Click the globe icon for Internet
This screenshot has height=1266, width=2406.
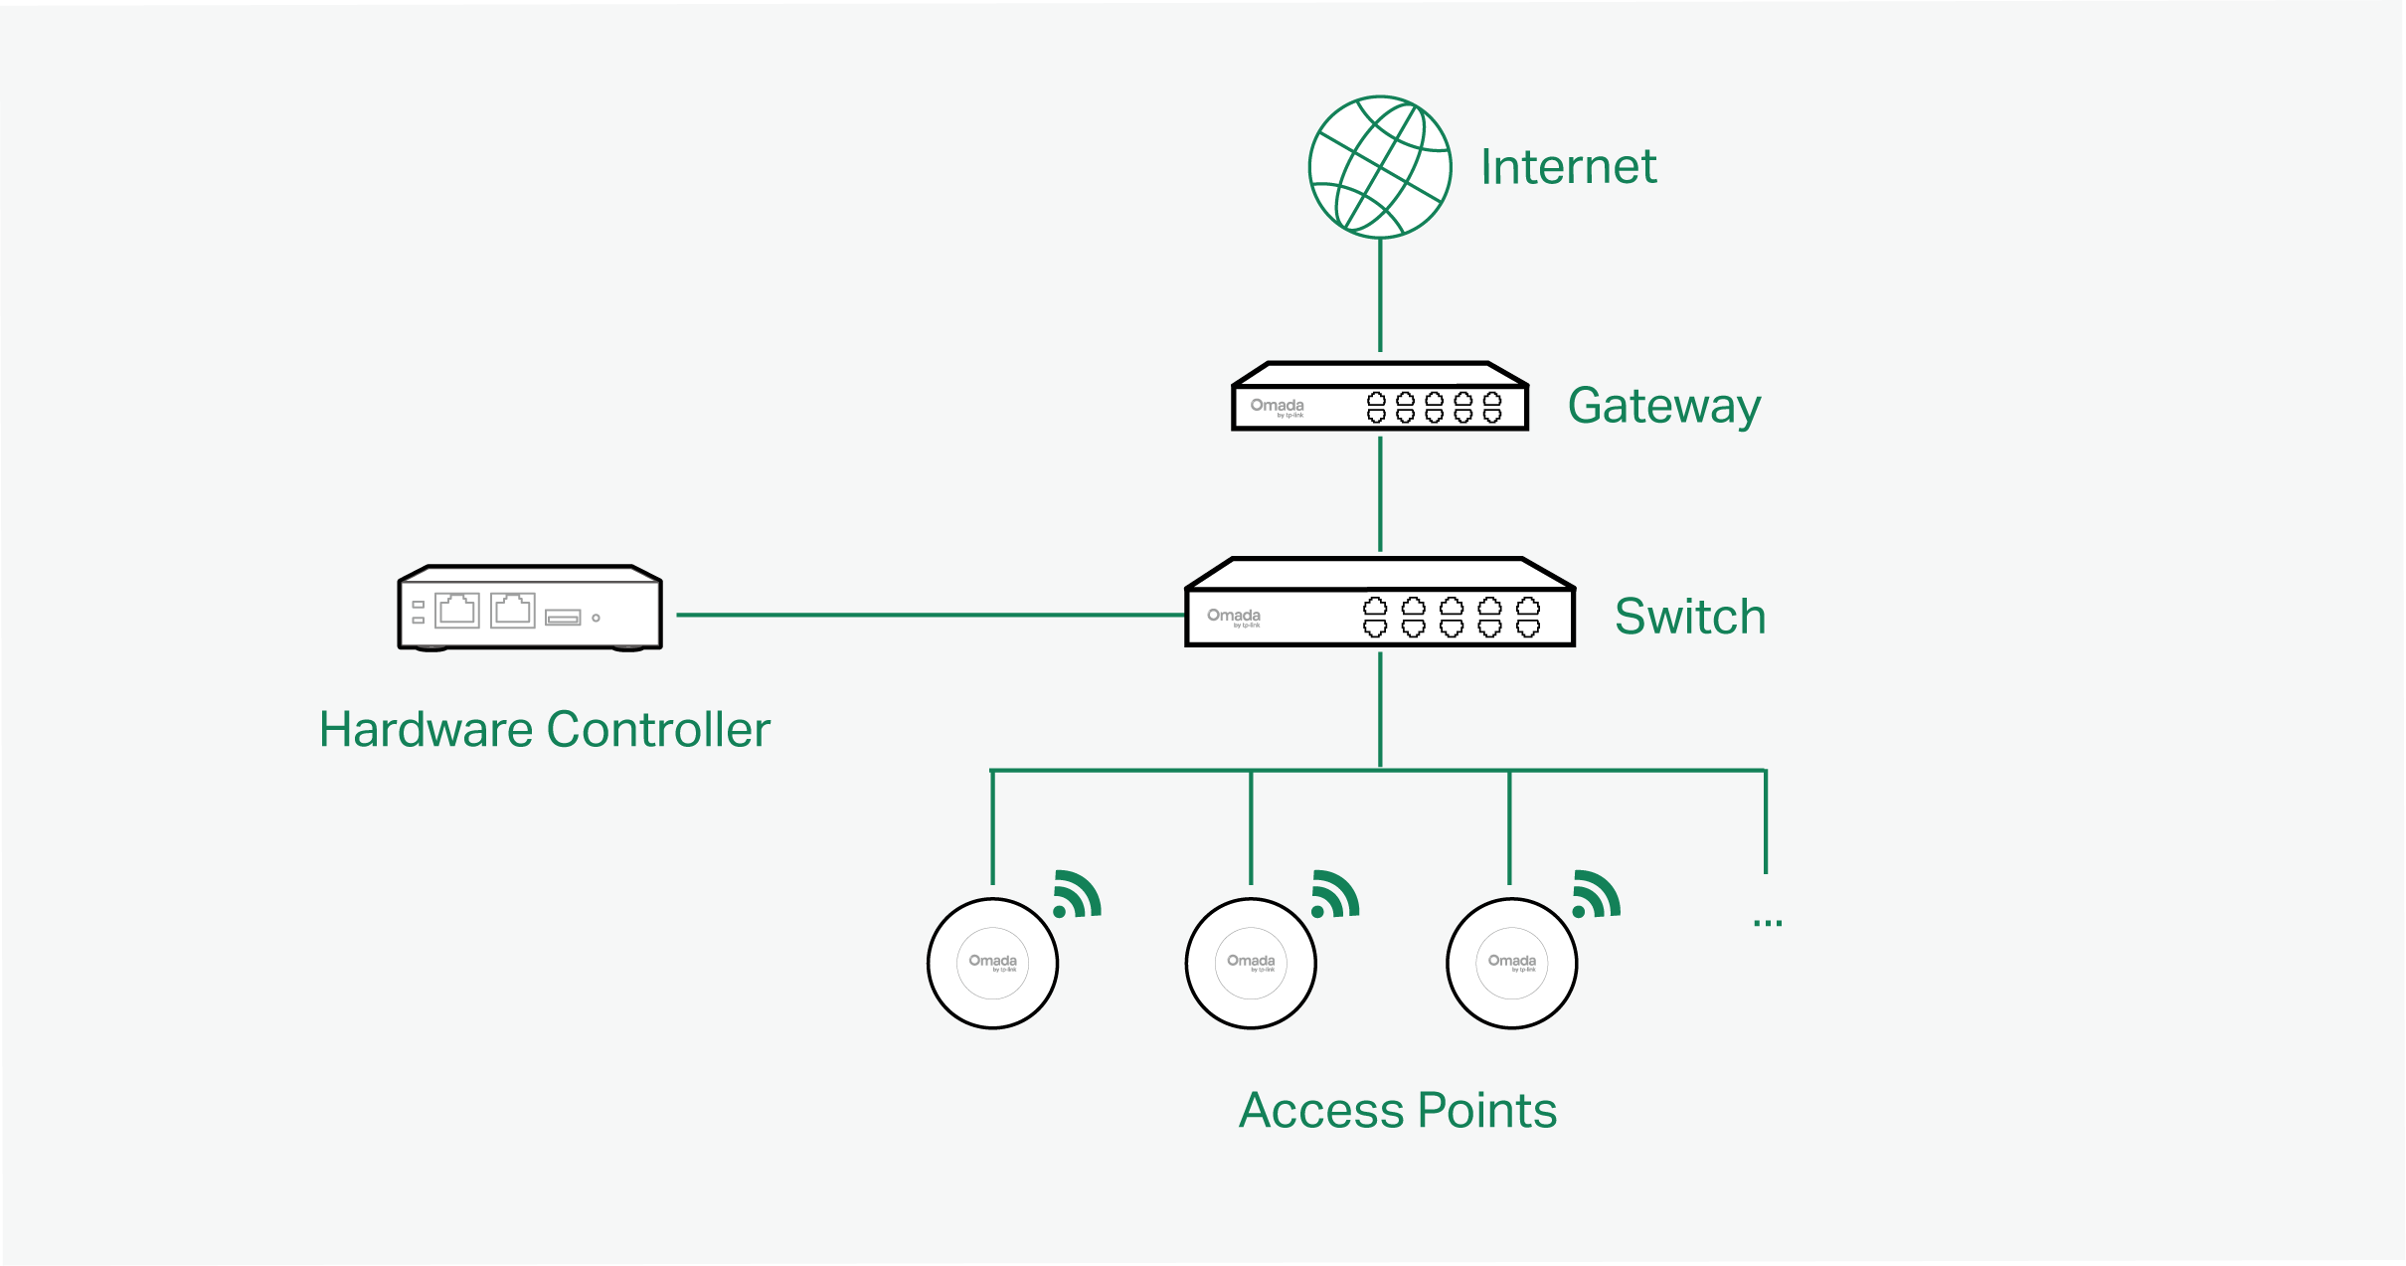(1380, 167)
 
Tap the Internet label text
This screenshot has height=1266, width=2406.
(1568, 167)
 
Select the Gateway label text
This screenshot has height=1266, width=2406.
(1663, 406)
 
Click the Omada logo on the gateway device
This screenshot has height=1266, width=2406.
(1277, 407)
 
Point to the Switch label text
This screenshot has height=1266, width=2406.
(1689, 617)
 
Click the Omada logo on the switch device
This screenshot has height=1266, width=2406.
(1234, 617)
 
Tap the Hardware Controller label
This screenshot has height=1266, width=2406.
(544, 729)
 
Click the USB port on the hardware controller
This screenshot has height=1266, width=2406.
(563, 618)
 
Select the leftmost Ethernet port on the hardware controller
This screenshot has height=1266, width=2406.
(457, 610)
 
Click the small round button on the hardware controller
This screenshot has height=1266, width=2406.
(596, 618)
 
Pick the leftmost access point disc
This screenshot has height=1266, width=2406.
(992, 963)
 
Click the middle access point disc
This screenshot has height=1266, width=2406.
(1251, 963)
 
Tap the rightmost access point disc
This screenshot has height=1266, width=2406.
(1511, 963)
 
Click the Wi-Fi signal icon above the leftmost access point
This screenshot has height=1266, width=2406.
(1076, 894)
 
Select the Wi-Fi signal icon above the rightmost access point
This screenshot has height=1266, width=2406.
(1595, 894)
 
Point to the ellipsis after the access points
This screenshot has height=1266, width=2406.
(1767, 923)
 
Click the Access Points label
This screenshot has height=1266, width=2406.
(1397, 1110)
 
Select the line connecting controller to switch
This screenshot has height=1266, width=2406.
(930, 615)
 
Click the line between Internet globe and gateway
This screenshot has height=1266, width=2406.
(1380, 295)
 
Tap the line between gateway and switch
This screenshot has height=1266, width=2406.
(1380, 493)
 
